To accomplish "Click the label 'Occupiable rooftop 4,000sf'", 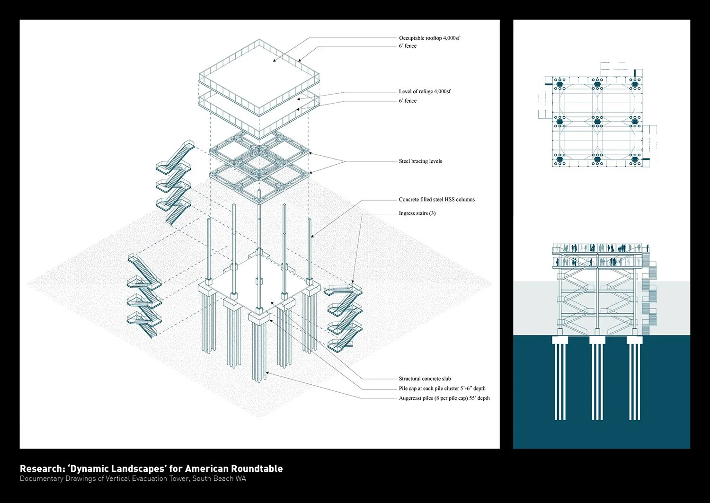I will point(429,38).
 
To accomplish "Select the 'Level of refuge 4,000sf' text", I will point(425,91).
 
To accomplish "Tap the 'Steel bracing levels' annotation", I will point(420,161).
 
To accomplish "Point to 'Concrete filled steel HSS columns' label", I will point(436,200).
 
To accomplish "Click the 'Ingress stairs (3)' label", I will point(417,213).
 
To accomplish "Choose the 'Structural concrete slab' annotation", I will point(425,379).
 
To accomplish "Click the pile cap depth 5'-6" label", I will point(442,388).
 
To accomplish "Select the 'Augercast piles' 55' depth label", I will point(444,398).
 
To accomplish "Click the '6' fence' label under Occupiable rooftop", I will point(408,46).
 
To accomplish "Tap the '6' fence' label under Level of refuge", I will point(408,101).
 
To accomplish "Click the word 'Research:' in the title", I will point(42,469).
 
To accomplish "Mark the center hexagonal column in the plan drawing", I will point(597,122).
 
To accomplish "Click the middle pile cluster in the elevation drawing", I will point(597,379).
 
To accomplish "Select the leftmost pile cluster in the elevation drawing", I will point(560,379).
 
